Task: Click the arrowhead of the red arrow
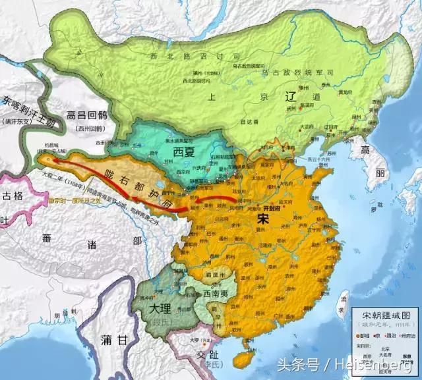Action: tap(43, 159)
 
